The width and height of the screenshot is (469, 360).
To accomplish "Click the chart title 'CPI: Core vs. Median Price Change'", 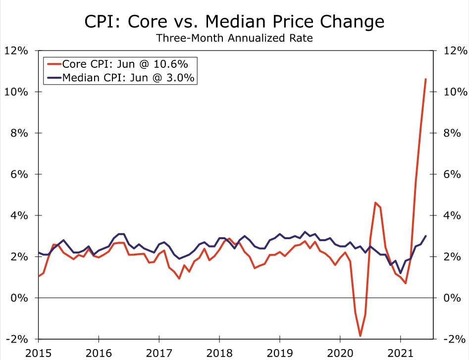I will (x=234, y=21).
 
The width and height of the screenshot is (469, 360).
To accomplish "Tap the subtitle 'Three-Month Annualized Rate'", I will (x=234, y=38).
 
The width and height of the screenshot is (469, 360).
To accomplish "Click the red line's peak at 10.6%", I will (x=425, y=79).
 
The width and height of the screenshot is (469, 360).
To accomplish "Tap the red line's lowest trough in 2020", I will (x=360, y=336).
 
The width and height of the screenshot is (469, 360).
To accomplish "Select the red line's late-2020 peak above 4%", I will (x=375, y=203).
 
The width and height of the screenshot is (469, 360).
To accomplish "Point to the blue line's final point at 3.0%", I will (x=425, y=236).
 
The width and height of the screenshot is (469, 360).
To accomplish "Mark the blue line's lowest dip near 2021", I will (x=400, y=273).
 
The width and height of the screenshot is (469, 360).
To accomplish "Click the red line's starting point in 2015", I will (x=39, y=276).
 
